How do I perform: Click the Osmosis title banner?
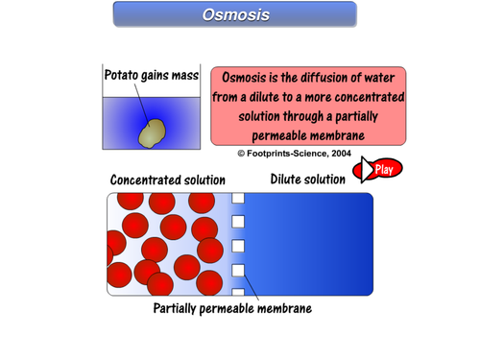(235, 14)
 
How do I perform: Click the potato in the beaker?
(151, 133)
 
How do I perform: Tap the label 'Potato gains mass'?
(151, 75)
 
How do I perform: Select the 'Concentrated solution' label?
(168, 180)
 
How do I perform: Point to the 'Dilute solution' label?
(308, 180)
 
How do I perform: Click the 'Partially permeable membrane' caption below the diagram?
(232, 308)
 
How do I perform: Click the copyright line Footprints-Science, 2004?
(295, 154)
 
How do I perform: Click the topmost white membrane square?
(239, 200)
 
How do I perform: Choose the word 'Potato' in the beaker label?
(124, 75)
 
